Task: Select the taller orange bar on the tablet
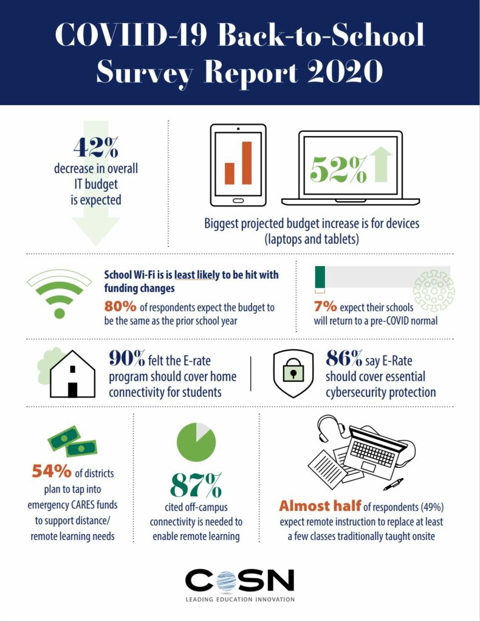pyautogui.click(x=247, y=162)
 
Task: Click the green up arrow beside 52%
pyautogui.click(x=381, y=164)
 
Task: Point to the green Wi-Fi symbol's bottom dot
pyautogui.click(x=59, y=313)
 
